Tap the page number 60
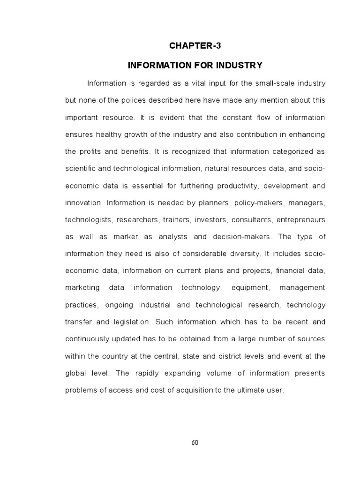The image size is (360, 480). [195, 443]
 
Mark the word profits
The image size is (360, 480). [92, 151]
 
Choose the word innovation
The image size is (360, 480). [83, 202]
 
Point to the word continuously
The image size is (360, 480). [88, 339]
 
